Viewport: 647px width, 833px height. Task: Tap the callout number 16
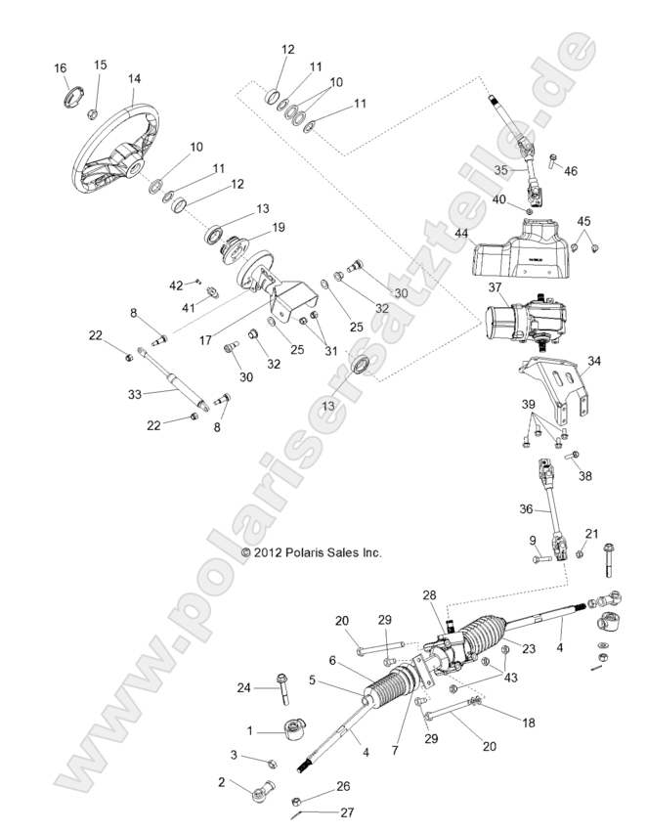[61, 67]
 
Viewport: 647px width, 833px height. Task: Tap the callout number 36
[525, 508]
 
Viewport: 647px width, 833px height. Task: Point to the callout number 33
[136, 395]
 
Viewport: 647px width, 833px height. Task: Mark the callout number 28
[428, 595]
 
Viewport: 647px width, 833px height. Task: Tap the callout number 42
[176, 285]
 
